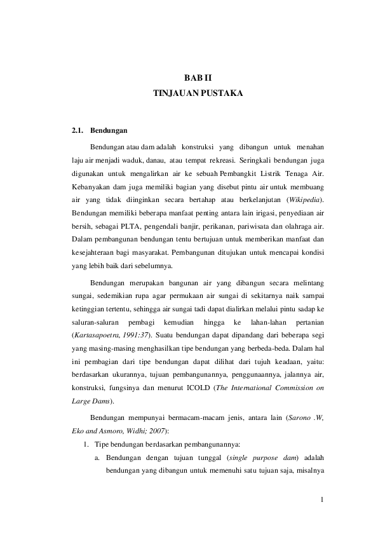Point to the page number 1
click(323, 499)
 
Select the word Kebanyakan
click(91, 186)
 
